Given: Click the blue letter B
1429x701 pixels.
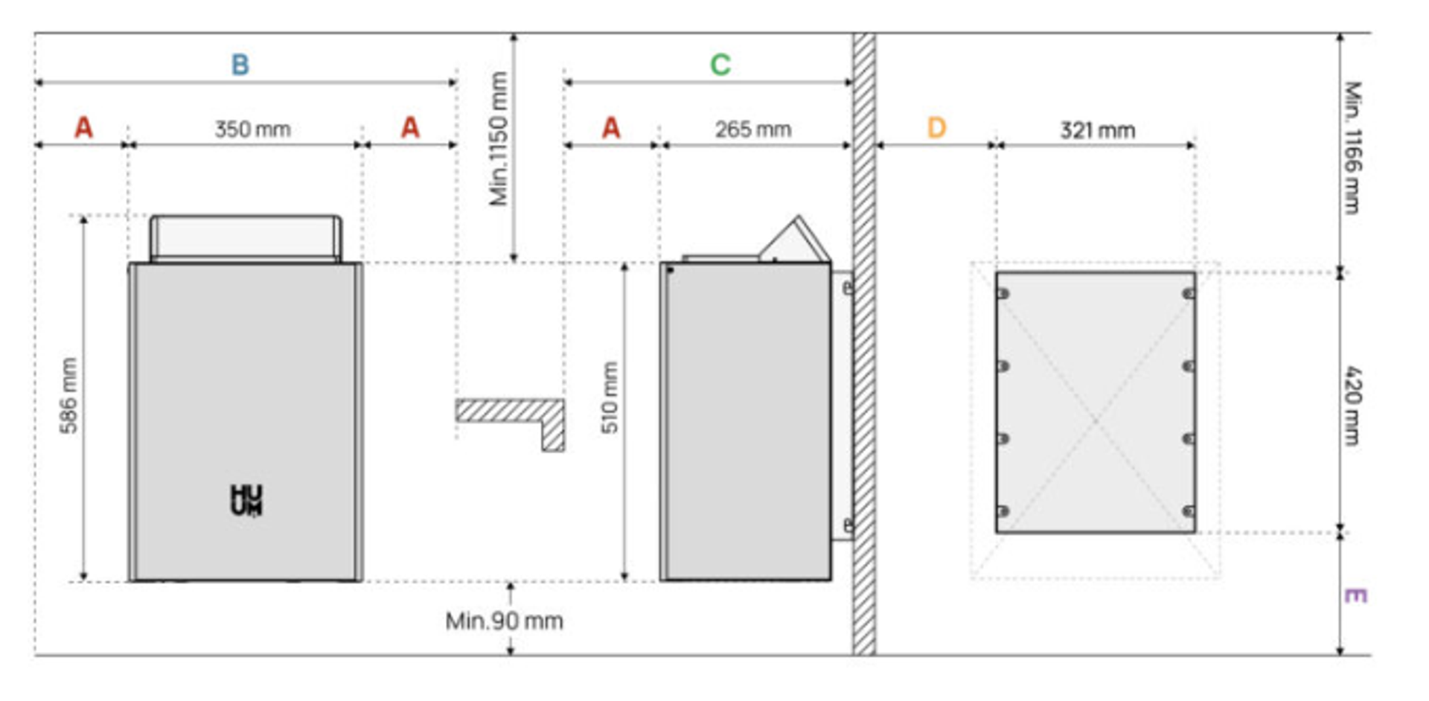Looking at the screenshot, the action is coord(240,65).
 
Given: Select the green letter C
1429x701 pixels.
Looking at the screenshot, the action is coord(720,65).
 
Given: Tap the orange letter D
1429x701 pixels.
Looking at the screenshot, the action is coord(936,128).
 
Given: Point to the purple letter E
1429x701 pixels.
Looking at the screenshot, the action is coord(1355,595).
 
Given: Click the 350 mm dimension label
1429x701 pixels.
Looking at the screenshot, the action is coord(252,129).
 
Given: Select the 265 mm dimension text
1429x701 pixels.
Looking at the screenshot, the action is coord(753,129).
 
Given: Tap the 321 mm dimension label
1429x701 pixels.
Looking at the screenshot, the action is coord(1098,130).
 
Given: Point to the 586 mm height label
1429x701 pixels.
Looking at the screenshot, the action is coord(68,396).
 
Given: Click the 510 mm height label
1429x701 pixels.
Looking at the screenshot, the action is coord(610,397).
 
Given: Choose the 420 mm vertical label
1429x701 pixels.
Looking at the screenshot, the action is coord(1353,405).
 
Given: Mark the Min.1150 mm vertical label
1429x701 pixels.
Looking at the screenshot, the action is coord(498,138).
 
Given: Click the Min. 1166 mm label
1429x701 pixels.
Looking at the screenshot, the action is coord(1353,147).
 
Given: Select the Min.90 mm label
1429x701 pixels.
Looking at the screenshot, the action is coord(504,621).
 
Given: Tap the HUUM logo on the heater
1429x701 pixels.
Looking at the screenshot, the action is coord(246,501).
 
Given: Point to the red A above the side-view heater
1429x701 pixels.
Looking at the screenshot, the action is coord(611,128).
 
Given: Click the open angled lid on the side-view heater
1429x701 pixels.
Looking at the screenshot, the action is coord(794,240).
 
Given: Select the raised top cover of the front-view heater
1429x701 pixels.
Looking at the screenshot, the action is coord(246,238).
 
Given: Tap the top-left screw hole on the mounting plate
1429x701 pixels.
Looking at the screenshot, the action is coord(1003,294).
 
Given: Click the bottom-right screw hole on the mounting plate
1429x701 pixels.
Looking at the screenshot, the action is coord(1189,511).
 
